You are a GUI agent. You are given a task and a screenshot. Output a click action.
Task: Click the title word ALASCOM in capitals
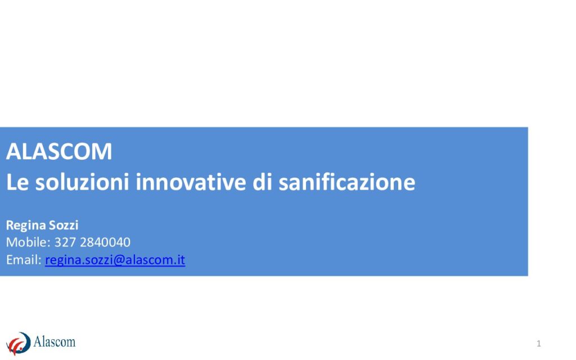tap(59, 151)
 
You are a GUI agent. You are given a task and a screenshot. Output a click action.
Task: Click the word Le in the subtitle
tap(17, 182)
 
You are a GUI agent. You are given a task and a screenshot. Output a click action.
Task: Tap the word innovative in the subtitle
tap(191, 182)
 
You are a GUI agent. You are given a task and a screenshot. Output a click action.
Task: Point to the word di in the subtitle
tap(262, 182)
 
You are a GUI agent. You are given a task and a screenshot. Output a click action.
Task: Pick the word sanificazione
tap(346, 182)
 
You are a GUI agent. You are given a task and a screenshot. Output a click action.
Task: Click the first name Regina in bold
tap(26, 226)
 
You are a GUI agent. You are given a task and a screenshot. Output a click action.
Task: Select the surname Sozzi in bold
tap(64, 225)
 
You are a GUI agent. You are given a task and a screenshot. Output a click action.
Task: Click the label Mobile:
tap(28, 242)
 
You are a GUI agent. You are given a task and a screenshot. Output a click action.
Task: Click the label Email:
tap(24, 260)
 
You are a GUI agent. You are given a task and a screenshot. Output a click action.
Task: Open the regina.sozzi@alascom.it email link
tap(115, 260)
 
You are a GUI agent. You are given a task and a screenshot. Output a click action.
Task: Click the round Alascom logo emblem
tap(19, 344)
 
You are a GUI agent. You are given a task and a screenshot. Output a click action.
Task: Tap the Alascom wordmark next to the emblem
tap(55, 341)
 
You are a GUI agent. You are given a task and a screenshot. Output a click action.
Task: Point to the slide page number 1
tap(538, 344)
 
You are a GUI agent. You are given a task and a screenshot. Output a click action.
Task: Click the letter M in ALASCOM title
tap(103, 151)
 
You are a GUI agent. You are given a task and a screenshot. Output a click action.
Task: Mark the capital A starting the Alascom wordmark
tap(38, 341)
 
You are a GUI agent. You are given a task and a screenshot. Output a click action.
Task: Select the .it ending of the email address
tap(179, 260)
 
